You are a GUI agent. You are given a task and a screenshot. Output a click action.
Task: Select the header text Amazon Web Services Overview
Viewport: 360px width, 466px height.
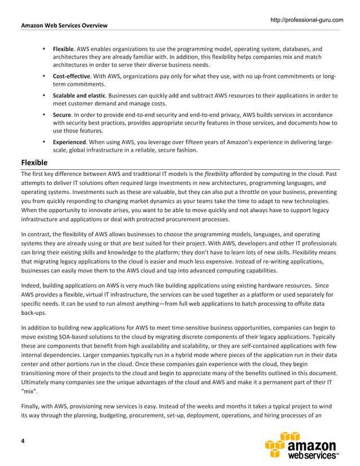point(64,25)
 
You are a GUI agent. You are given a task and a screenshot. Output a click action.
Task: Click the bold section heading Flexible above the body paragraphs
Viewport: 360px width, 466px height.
point(34,162)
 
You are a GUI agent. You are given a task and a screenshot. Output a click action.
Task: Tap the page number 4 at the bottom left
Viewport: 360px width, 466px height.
point(23,441)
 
